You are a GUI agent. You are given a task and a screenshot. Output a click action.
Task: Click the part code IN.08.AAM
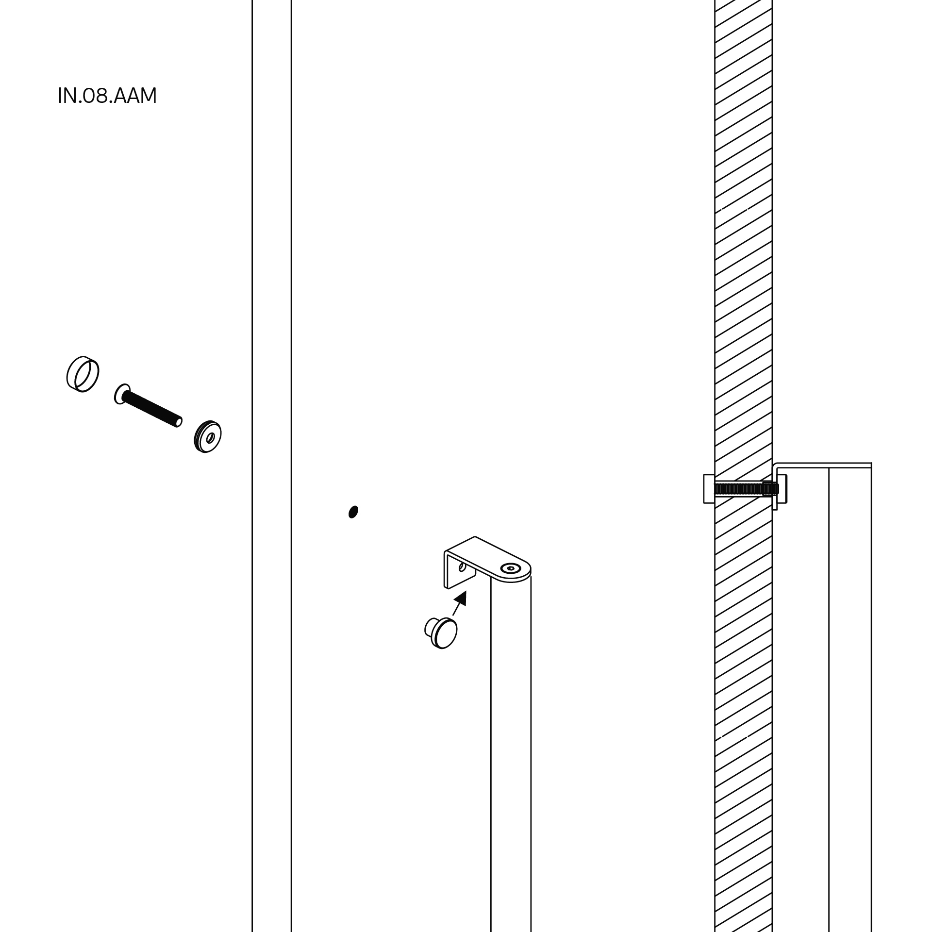[x=107, y=96]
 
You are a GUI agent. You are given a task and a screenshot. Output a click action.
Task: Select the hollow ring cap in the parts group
[x=83, y=374]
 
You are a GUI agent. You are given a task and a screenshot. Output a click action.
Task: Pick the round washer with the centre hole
[x=208, y=436]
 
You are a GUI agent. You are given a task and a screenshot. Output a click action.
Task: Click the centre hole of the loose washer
[x=210, y=437]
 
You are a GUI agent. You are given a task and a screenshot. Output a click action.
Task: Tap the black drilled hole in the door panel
[x=353, y=512]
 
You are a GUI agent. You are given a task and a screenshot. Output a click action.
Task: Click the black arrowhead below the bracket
[x=461, y=598]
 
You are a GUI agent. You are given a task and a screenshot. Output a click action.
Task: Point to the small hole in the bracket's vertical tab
[x=462, y=566]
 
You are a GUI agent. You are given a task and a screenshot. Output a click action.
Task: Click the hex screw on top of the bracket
[x=509, y=568]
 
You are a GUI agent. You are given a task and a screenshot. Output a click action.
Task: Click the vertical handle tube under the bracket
[x=510, y=728]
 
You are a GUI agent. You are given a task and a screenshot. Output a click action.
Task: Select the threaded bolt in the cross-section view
[x=743, y=488]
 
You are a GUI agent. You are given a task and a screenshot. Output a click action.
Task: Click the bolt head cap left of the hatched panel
[x=709, y=489]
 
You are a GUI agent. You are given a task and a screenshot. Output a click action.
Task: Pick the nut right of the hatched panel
[x=782, y=488]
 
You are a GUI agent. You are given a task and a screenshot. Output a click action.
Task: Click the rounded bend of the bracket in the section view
[x=775, y=467]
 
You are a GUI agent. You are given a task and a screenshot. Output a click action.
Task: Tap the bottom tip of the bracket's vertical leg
[x=775, y=507]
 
